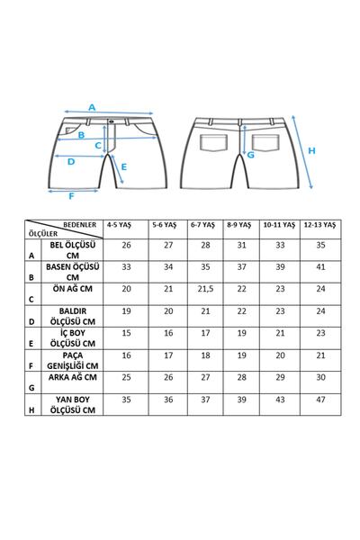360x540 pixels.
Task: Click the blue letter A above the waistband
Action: tap(92, 107)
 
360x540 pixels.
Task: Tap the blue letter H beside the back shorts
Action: tap(312, 149)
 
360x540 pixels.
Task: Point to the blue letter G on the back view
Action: tap(251, 154)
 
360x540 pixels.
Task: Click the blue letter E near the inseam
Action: tap(123, 166)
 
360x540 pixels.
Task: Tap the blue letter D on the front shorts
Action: tap(71, 162)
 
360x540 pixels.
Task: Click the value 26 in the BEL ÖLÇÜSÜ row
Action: tap(127, 245)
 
